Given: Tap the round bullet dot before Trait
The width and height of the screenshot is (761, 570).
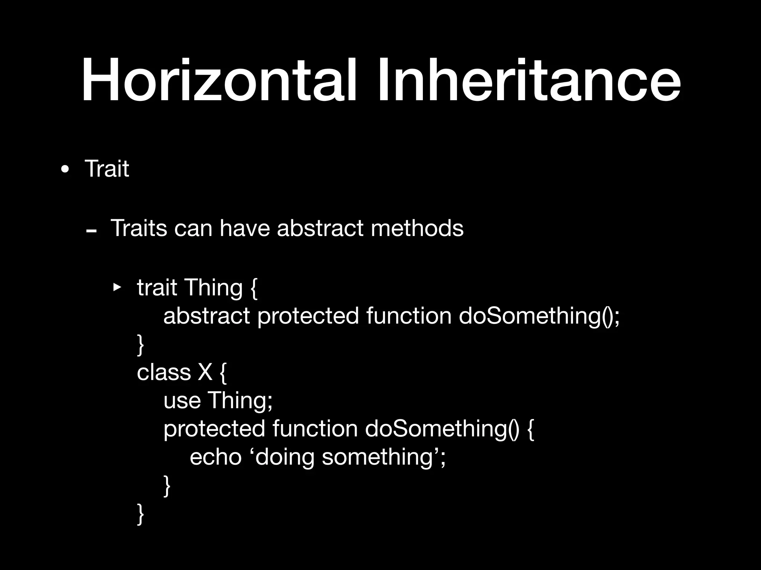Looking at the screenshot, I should click(x=65, y=170).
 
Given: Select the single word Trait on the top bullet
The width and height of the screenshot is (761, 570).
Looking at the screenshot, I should click(x=107, y=169).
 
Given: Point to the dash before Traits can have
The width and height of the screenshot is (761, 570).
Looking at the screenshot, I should click(x=91, y=231).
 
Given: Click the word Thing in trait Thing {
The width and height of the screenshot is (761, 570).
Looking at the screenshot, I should click(x=213, y=288).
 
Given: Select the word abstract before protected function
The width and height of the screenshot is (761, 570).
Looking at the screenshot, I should click(x=207, y=316).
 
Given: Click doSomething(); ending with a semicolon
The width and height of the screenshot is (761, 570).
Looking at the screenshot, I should click(x=539, y=316).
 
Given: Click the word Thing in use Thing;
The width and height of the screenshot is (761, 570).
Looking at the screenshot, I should click(x=240, y=400).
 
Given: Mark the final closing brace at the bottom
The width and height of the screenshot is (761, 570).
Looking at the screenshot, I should click(x=140, y=514).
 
